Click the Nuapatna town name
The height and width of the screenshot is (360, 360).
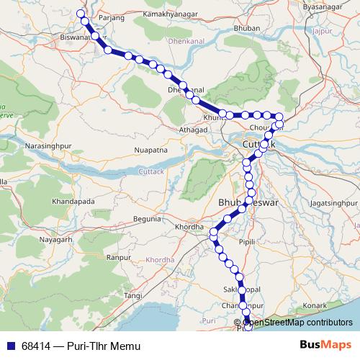click(x=150, y=150)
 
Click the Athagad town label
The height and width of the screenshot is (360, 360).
click(x=193, y=130)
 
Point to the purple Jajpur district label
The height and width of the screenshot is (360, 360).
click(x=326, y=31)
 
